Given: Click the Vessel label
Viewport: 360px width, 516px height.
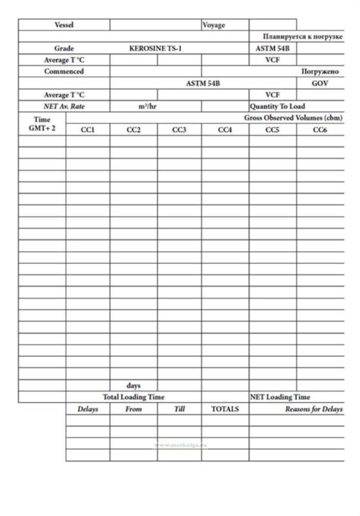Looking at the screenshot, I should [x=64, y=25].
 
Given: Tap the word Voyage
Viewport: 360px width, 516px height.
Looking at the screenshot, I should [x=213, y=25].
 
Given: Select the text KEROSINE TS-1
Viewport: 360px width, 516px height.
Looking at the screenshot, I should [x=155, y=48].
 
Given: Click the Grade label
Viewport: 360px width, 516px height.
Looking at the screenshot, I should [x=64, y=48].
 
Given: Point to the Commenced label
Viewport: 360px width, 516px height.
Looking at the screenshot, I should [x=64, y=71].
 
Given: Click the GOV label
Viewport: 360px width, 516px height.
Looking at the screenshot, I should [x=320, y=83].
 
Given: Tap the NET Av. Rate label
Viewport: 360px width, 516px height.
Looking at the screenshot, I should [x=64, y=106].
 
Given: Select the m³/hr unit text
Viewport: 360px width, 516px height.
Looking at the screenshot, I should [x=147, y=106].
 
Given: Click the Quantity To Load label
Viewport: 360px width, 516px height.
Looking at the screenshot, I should [x=277, y=106].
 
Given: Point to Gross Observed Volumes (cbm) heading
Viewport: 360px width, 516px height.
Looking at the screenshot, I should [x=293, y=118].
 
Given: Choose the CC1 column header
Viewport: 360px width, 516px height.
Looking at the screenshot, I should [x=88, y=130].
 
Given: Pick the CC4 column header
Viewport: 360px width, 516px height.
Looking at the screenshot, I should [x=225, y=130].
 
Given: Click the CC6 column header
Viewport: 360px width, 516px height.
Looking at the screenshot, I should [x=320, y=130].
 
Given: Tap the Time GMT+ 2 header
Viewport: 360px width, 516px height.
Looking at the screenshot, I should [x=42, y=124].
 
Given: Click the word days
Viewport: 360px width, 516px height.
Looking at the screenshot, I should [x=133, y=385].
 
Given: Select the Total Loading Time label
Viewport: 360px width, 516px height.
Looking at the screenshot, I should [x=133, y=397].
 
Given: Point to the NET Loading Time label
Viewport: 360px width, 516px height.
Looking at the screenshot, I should [x=280, y=397].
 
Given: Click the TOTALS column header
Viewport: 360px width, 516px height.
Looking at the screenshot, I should [x=225, y=409].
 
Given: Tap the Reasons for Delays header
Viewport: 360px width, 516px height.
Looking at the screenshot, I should [x=314, y=409].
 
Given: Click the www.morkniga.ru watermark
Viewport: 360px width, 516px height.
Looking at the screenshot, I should [x=180, y=445].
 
